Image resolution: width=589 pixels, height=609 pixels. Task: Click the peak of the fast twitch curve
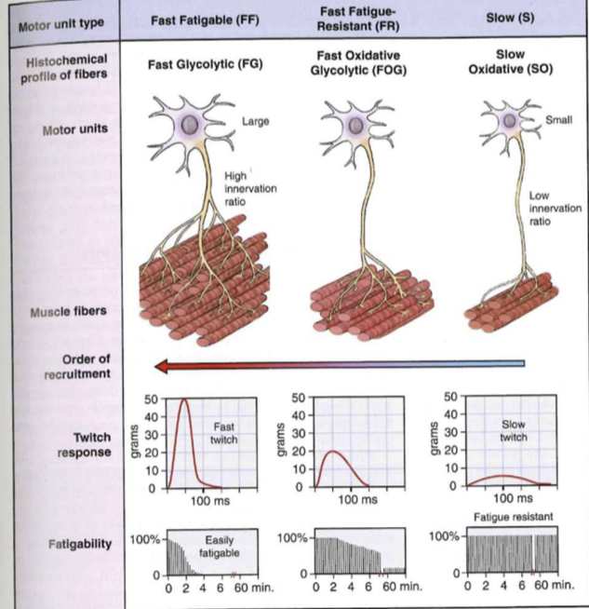click(x=185, y=400)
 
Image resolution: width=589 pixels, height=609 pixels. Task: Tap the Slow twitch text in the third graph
click(x=513, y=430)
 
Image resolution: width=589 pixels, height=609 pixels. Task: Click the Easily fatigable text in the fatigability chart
click(x=220, y=547)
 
